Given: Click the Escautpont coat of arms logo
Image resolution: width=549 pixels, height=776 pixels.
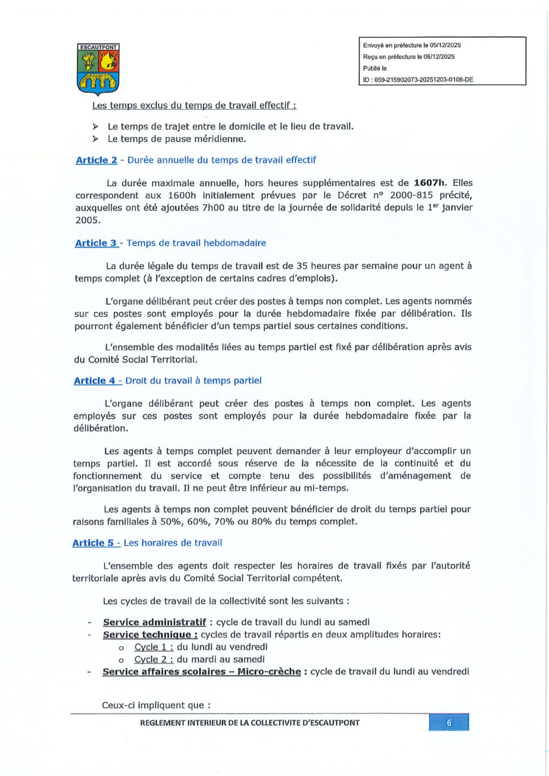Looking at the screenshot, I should [96, 69].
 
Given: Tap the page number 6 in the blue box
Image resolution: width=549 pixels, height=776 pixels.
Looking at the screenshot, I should [449, 723].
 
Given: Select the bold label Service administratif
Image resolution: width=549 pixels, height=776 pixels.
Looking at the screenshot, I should [155, 622].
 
